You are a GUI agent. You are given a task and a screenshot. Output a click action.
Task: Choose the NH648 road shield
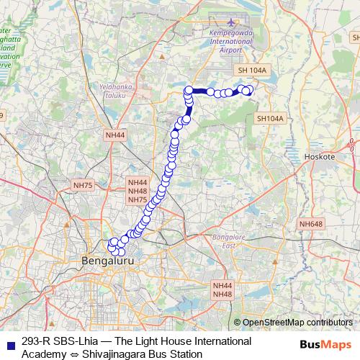pos(311,224)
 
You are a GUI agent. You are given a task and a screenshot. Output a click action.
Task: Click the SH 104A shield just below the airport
pos(252,71)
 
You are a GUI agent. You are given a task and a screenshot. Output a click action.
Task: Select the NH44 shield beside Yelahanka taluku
pos(114,135)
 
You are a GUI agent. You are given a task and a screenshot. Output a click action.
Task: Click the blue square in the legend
pos(9,342)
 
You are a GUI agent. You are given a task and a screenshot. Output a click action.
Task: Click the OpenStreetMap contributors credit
pos(298,323)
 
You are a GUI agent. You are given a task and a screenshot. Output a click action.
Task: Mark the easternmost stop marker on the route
pos(251,90)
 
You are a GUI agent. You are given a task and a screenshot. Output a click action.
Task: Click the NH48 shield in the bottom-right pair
pos(222,294)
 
